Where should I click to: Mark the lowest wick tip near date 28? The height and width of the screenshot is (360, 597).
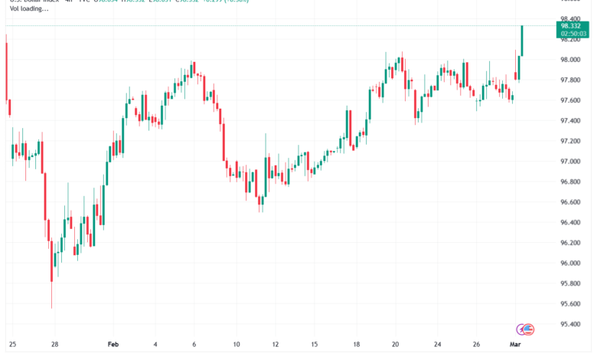pos(52,308)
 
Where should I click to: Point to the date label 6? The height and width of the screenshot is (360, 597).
pos(194,345)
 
